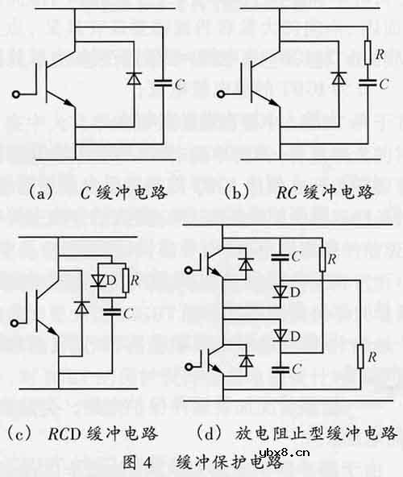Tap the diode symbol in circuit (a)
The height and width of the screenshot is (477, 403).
coord(133,81)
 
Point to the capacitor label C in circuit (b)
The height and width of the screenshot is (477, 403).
coord(384,81)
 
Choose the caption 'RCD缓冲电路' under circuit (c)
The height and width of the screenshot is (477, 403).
coord(88,434)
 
